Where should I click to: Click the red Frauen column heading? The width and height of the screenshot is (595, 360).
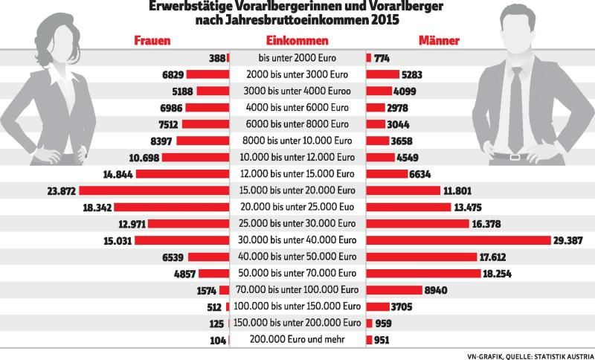tap(152, 41)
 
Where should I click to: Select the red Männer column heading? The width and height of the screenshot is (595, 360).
tap(439, 41)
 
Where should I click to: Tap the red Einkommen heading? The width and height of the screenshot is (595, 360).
tap(297, 41)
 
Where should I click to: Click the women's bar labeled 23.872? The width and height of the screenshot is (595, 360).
tap(154, 190)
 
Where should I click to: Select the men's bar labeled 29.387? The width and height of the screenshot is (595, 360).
tap(458, 240)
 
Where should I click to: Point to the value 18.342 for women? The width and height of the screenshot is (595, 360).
tap(97, 208)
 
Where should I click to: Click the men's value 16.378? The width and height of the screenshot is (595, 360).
tap(486, 224)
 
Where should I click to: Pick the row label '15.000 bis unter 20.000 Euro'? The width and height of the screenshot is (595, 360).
tap(297, 190)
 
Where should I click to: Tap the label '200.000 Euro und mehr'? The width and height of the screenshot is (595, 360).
tap(297, 339)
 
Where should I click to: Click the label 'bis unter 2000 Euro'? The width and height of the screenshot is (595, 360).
tap(297, 58)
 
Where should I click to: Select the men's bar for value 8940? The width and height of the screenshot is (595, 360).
tap(394, 290)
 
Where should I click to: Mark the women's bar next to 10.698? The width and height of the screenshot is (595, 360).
tap(196, 158)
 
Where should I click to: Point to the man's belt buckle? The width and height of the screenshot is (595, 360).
tap(515, 157)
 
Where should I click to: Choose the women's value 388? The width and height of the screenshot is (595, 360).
tap(217, 59)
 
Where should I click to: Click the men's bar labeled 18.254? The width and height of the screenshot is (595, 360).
tap(423, 274)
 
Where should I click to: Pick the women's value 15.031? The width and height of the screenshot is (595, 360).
tap(118, 240)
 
